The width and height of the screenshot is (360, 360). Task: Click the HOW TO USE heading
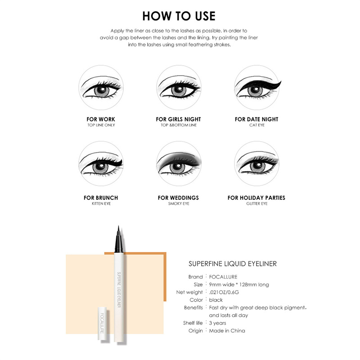179,16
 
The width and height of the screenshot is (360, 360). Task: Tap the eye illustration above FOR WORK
101,87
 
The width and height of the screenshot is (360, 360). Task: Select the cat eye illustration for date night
257,87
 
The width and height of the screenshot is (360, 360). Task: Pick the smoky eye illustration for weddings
179,163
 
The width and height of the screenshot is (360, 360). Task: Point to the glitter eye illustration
257,163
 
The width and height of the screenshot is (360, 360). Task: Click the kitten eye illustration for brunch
101,163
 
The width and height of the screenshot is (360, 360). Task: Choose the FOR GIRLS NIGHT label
178,119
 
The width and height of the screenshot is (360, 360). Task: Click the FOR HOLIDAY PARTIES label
256,198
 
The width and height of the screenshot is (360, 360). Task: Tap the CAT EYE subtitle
257,125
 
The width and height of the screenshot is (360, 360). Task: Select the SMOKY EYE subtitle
179,204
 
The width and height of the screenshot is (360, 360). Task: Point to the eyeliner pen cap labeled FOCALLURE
103,323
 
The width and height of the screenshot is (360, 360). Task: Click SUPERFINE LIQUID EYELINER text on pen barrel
119,290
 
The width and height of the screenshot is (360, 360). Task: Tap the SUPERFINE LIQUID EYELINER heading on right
233,264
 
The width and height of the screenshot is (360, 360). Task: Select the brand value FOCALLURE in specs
223,277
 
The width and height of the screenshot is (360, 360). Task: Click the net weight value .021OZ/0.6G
224,292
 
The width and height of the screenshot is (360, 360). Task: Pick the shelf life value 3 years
217,323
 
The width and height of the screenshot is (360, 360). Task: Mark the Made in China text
227,331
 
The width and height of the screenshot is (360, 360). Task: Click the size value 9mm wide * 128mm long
239,285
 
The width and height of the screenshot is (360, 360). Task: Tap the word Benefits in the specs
193,308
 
